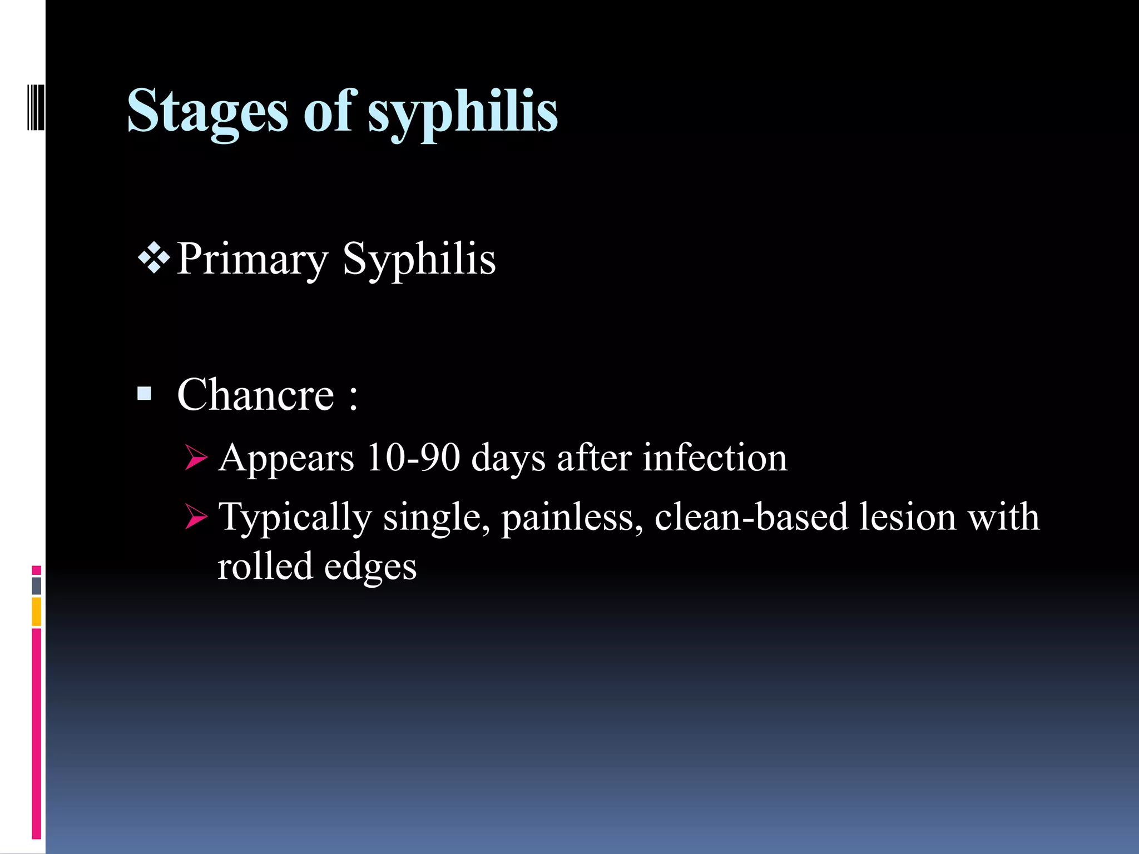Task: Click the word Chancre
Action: click(255, 395)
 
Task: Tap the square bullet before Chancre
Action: click(144, 394)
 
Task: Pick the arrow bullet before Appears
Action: click(196, 458)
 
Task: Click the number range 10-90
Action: click(413, 458)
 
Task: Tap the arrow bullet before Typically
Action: click(196, 517)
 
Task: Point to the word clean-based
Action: click(751, 517)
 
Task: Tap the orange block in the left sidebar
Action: click(36, 612)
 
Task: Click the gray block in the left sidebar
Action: click(36, 586)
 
